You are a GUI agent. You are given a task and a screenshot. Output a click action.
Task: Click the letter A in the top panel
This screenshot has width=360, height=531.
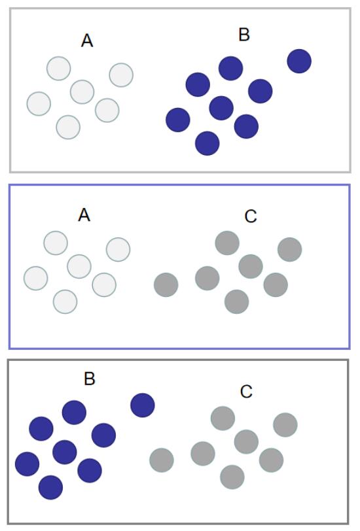[x=87, y=41]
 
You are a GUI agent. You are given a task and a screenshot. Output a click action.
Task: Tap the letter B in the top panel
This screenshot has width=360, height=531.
[x=244, y=35]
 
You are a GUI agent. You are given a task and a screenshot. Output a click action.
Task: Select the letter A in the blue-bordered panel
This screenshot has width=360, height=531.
[x=84, y=215]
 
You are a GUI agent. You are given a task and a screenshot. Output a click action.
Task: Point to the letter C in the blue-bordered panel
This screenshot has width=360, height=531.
[x=251, y=216]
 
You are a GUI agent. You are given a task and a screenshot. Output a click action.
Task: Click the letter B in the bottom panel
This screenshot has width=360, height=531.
[x=90, y=379]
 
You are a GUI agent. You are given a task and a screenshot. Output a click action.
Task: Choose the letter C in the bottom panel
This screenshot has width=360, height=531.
[x=246, y=392]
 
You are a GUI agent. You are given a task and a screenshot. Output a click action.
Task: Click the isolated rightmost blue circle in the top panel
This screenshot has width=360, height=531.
[x=299, y=61]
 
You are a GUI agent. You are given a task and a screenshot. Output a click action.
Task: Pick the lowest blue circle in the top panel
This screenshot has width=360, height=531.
[x=207, y=143]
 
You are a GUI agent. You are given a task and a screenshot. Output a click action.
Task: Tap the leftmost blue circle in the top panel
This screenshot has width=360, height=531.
[x=178, y=120]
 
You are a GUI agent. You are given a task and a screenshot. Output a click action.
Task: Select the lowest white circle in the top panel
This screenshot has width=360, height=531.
[x=68, y=128]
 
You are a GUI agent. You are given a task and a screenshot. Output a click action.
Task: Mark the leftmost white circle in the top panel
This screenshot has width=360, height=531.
[x=39, y=103]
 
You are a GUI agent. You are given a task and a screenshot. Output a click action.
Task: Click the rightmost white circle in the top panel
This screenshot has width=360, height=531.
[x=121, y=75]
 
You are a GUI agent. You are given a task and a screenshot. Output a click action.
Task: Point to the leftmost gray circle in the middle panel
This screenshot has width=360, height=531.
[x=166, y=285]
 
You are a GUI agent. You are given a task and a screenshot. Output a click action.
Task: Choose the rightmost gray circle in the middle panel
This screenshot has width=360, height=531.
[x=290, y=250]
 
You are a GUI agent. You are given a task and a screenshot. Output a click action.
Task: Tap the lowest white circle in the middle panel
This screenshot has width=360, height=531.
[x=65, y=301]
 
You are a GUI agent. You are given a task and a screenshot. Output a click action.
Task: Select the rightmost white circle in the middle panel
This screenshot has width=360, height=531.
[x=118, y=250]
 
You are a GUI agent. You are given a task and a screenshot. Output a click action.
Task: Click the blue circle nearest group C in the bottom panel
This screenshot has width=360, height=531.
[x=143, y=405]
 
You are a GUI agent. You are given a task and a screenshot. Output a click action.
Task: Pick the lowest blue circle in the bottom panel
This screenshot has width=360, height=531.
[x=51, y=487]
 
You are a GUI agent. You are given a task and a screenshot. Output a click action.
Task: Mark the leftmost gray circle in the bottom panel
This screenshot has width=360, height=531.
[x=162, y=460]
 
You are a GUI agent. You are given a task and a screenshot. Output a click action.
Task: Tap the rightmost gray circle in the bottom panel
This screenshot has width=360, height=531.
[x=285, y=424]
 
